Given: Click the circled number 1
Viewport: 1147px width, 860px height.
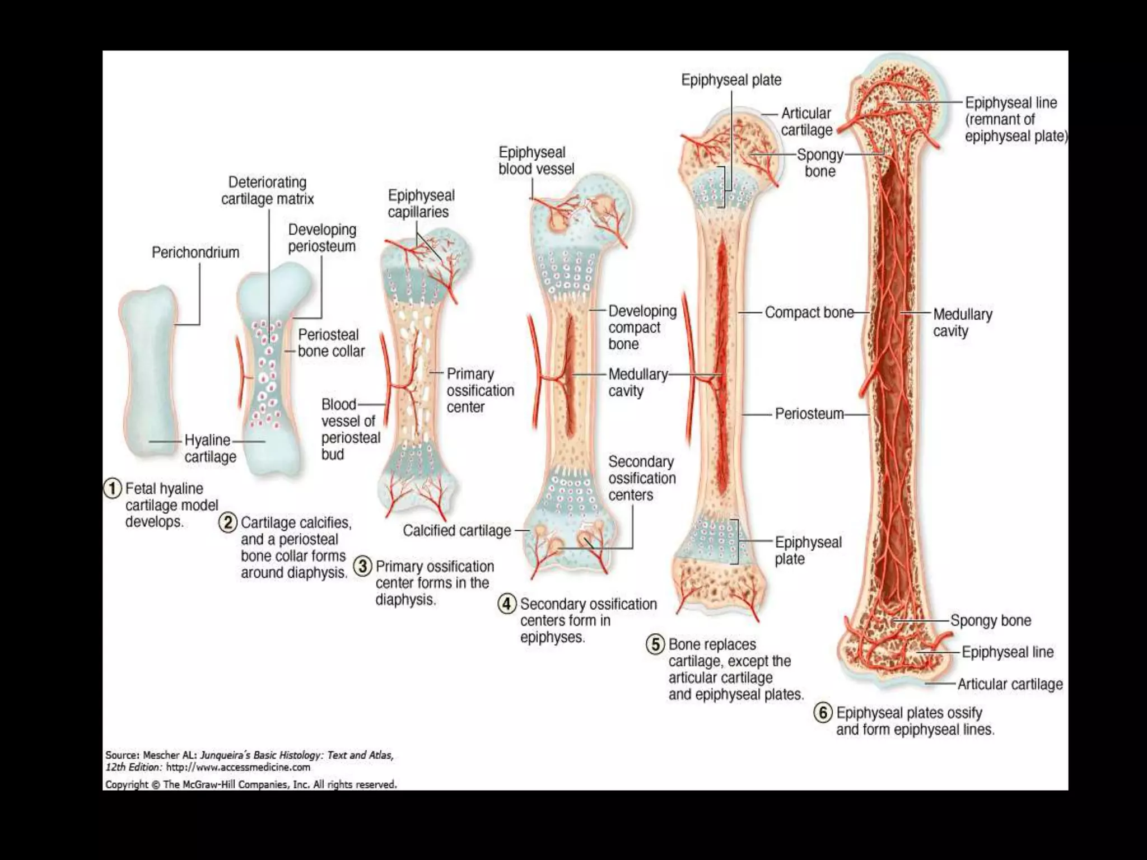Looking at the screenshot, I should tap(113, 489).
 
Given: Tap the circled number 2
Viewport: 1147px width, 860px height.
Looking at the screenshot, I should tap(228, 523).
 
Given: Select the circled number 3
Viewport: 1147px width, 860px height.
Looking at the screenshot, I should tap(363, 566).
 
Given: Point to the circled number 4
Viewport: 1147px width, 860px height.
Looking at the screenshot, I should tap(507, 604).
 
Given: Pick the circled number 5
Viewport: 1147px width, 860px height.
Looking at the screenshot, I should tap(655, 644).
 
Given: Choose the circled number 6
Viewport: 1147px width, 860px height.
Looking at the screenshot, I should tap(823, 713).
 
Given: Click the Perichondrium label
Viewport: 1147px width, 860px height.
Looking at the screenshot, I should tap(195, 253).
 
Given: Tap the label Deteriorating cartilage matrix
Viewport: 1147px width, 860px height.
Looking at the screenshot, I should tap(267, 191).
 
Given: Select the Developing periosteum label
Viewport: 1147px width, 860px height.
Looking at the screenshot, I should tap(322, 238).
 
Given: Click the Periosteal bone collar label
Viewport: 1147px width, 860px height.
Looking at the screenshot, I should tap(331, 343).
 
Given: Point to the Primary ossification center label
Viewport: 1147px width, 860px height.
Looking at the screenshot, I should tap(480, 390).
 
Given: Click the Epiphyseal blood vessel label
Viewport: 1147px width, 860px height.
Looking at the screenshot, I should tap(536, 161).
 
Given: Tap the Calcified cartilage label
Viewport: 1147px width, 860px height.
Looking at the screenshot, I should tap(457, 531).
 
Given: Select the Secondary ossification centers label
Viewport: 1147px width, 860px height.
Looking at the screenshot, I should tap(642, 478).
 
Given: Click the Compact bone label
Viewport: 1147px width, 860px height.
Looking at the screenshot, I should tap(809, 312).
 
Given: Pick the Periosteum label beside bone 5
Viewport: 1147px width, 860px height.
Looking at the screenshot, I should tap(809, 414).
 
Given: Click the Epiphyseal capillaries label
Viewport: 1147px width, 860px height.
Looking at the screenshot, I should tap(421, 204).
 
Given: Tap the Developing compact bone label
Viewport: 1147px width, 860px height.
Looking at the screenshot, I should tap(642, 328).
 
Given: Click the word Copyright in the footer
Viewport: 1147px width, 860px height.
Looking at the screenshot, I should tap(127, 785).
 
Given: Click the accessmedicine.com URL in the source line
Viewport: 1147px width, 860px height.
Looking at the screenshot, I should tap(238, 768).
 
